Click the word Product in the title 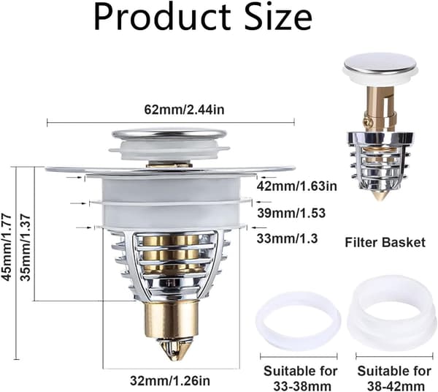162,17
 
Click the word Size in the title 278,17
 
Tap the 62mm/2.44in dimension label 185,110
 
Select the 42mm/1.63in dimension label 296,186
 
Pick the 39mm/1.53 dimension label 291,214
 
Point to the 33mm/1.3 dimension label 287,238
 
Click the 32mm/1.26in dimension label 170,380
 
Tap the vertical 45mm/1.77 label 7,247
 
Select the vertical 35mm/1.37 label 26,247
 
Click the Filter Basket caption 385,242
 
